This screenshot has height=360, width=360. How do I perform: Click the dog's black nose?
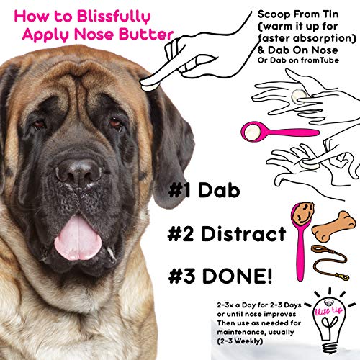[x=77, y=173]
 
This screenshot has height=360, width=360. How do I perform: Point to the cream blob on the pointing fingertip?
[x=150, y=81]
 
